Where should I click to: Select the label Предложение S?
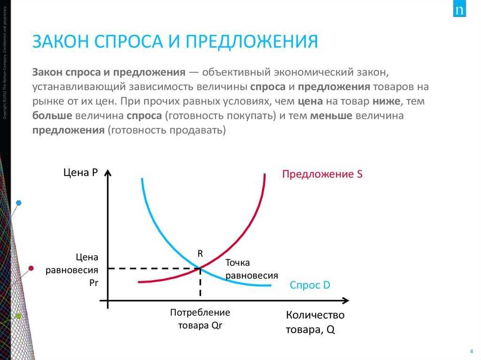point(322,175)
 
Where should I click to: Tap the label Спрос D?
point(310,285)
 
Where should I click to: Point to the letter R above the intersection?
point(200,253)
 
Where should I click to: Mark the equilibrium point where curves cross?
point(201,268)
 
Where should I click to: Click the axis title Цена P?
point(80,173)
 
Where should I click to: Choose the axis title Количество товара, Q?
point(315,322)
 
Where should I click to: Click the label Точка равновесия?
point(251,269)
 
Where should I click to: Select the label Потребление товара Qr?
point(200,319)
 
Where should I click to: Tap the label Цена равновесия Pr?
point(78,270)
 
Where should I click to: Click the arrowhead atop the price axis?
point(108,173)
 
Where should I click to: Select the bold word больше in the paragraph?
point(52,116)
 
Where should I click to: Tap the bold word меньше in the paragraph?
point(331,116)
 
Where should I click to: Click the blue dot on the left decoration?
point(19,203)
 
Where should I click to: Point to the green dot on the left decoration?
point(18,316)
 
